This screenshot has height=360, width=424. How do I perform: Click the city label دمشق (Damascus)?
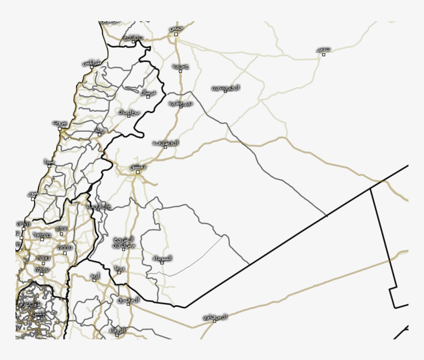coord(138,166)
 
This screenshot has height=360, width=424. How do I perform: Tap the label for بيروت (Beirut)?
coord(60,123)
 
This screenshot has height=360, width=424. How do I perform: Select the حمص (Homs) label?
coord(176,28)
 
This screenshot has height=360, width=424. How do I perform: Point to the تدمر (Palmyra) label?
coord(324,49)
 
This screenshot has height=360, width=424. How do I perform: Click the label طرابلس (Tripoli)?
coord(93,62)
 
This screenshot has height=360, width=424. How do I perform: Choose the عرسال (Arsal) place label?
coord(149,92)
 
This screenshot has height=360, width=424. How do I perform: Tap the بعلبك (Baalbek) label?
coord(129,112)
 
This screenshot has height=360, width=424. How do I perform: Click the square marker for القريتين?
coord(225,91)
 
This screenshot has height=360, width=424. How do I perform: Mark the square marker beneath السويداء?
coord(162,263)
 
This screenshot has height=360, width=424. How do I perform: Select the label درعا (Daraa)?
coord(119,268)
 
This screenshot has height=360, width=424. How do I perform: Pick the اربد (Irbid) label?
coord(95,276)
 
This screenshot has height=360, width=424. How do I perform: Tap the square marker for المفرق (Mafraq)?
coord(128,304)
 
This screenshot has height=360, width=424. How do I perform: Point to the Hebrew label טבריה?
coord(65,248)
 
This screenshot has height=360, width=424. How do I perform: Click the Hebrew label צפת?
coord(61,228)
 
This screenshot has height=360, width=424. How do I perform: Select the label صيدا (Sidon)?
coord(49,161)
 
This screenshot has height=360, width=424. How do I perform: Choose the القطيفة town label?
coord(166,143)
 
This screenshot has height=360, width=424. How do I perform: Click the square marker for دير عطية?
coord(181,107)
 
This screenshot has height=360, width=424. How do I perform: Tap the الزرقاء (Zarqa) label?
coord(117,330)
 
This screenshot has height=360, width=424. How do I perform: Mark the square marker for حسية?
coord(180,71)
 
